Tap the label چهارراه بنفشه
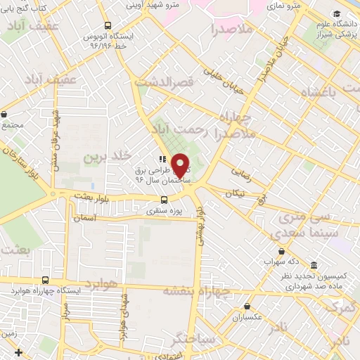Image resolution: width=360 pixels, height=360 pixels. pyautogui.click(x=188, y=290)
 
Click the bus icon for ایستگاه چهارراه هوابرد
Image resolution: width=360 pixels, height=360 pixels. pyautogui.click(x=46, y=280)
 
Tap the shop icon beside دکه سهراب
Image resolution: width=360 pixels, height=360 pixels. pyautogui.click(x=282, y=251)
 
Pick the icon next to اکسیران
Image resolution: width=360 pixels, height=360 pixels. pyautogui.click(x=248, y=306)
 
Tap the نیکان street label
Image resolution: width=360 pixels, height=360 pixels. pyautogui.click(x=236, y=193)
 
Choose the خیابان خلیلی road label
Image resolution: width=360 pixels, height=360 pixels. pyautogui.click(x=222, y=80)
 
